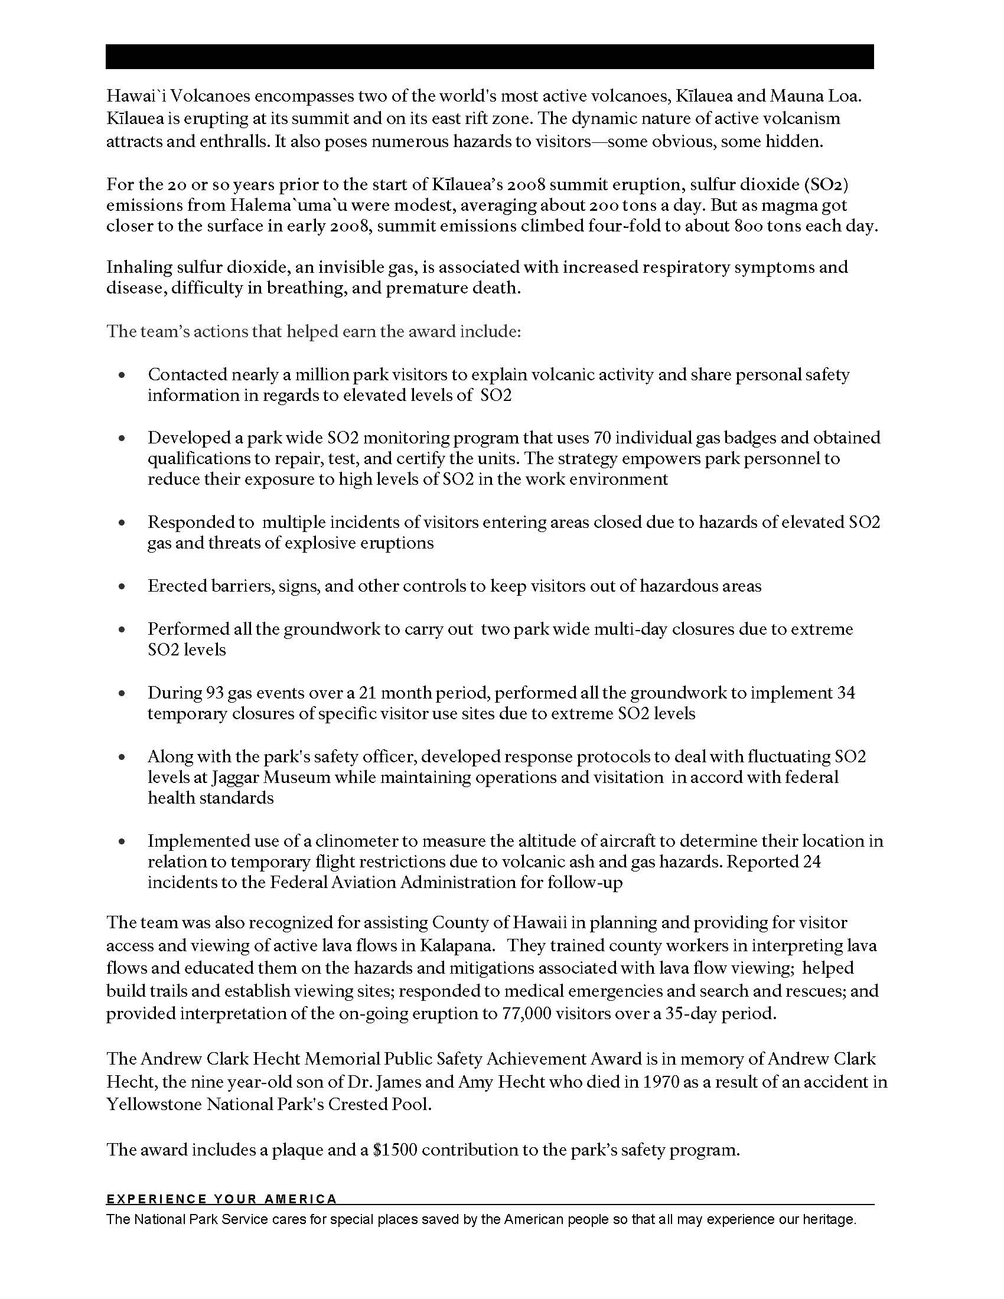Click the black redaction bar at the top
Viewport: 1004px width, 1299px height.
click(x=490, y=57)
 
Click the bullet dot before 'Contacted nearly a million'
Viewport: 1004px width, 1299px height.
click(x=122, y=376)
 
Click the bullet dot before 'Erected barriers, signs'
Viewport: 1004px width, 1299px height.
click(x=122, y=586)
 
